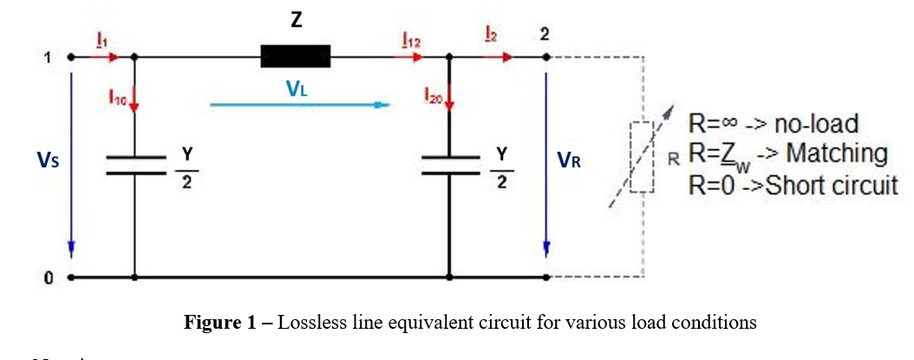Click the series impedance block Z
click(296, 57)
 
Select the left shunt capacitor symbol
click(134, 165)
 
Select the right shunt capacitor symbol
click(448, 165)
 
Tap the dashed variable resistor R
click(642, 156)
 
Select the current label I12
click(411, 41)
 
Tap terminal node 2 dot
click(546, 58)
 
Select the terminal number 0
click(49, 278)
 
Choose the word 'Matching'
click(837, 154)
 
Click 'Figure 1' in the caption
click(220, 323)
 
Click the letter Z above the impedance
click(296, 20)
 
